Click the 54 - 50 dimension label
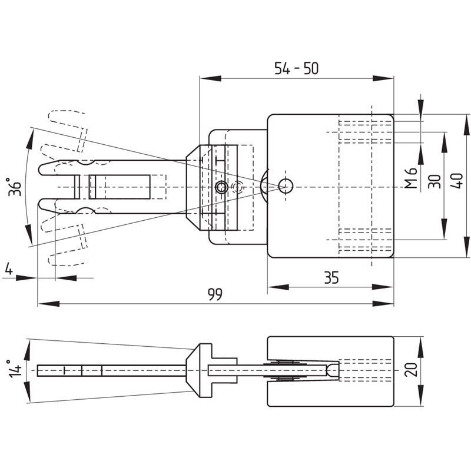tap(296, 68)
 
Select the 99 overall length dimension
tap(215, 295)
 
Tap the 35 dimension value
tap(331, 278)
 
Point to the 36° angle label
tap(14, 187)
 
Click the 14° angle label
tap(15, 369)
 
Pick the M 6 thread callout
tap(410, 178)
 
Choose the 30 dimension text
tap(434, 181)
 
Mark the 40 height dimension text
tap(457, 181)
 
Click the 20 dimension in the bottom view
tap(411, 370)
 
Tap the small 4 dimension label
tap(9, 269)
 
